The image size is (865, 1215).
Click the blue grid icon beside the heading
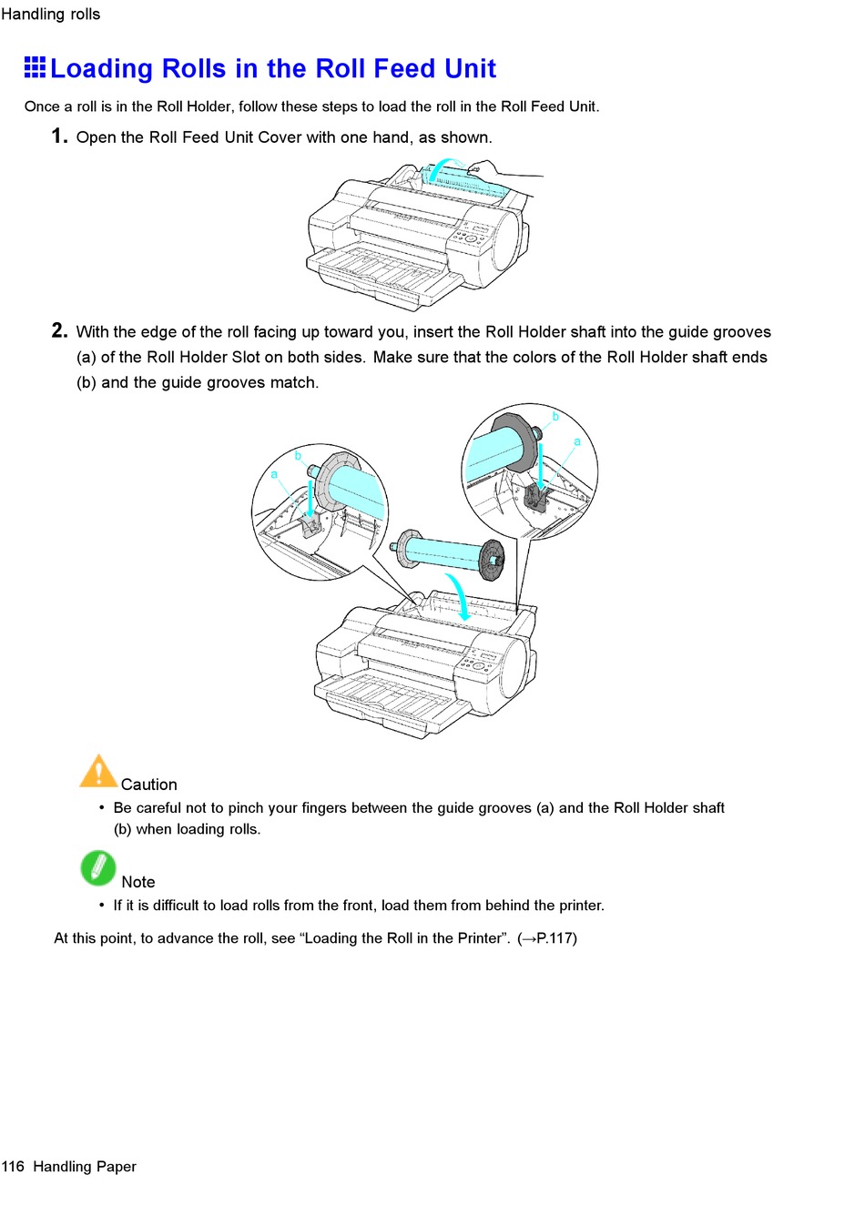35,66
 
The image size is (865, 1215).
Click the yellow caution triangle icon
98,772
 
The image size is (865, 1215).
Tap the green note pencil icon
98,868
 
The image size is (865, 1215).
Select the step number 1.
59,137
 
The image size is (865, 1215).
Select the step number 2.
59,330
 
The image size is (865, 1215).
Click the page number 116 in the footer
13,1167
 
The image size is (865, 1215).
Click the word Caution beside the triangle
149,785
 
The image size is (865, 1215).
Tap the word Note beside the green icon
138,882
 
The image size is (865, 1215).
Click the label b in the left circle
298,456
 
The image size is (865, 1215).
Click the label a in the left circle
274,474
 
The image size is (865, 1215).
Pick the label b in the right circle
555,417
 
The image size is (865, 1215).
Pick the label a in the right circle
576,441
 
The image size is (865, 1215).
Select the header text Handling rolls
51,15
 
